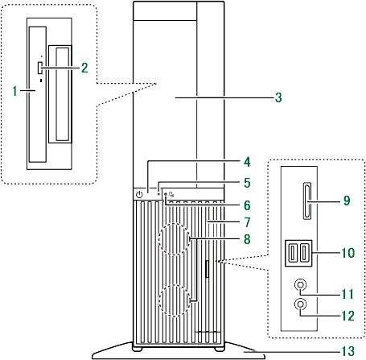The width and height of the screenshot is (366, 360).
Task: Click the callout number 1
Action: pyautogui.click(x=14, y=91)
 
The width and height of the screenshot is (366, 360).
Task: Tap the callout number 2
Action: pyautogui.click(x=84, y=68)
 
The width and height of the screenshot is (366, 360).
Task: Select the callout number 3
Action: pyautogui.click(x=278, y=97)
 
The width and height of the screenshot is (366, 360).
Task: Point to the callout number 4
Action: pyautogui.click(x=247, y=162)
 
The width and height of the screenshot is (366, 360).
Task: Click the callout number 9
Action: pyautogui.click(x=347, y=201)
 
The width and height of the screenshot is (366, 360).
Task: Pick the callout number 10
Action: pyautogui.click(x=347, y=253)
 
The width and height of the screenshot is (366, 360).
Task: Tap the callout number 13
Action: pyautogui.click(x=347, y=351)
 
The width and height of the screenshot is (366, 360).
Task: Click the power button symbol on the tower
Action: pyautogui.click(x=139, y=194)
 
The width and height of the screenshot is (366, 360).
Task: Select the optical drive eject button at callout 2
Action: pyautogui.click(x=39, y=68)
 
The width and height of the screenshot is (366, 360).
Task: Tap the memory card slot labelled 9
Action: pyautogui.click(x=307, y=201)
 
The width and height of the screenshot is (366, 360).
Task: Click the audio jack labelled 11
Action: pyautogui.click(x=300, y=284)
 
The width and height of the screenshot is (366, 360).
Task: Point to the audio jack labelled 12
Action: pyautogui.click(x=300, y=304)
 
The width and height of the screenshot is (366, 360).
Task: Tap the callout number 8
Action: pyautogui.click(x=247, y=239)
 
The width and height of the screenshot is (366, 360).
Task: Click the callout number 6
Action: pyautogui.click(x=247, y=205)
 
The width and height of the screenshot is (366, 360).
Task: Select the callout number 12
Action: pyautogui.click(x=347, y=316)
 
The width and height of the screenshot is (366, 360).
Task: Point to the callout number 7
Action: pyautogui.click(x=247, y=222)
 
